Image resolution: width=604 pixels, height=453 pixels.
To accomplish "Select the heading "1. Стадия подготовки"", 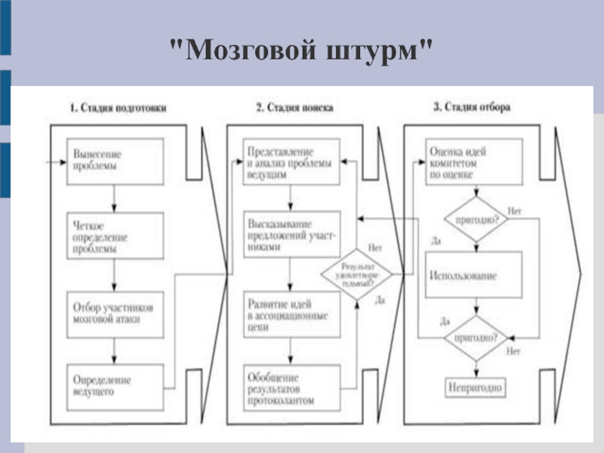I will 118,108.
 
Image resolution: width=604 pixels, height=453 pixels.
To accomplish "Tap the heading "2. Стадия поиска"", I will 294,108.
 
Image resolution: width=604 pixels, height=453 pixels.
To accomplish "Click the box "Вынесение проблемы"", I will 114,161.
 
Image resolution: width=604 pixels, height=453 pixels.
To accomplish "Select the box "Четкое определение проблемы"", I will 114,236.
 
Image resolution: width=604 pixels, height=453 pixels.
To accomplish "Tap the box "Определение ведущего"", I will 114,387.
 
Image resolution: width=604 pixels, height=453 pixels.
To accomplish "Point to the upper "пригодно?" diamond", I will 473,219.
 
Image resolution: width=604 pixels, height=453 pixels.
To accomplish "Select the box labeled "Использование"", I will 473,276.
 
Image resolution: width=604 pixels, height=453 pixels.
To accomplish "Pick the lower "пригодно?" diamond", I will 473,337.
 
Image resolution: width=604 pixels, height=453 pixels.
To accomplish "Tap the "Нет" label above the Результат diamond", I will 374,247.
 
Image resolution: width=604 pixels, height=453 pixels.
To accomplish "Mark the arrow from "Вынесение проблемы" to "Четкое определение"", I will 114,199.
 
